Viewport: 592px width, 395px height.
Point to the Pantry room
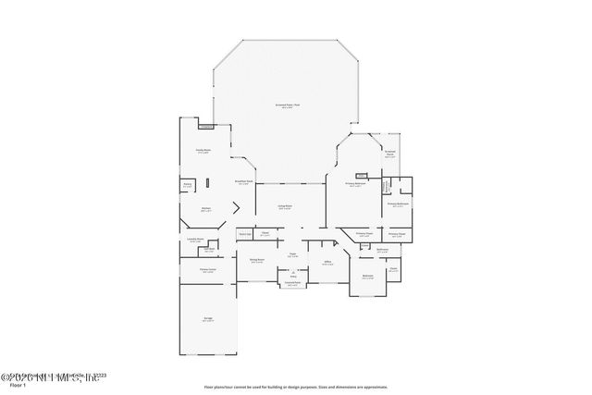coord(187,186)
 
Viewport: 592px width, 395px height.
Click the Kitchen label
coord(206,209)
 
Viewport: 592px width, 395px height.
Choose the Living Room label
coord(286,207)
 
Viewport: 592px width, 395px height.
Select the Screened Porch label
coord(390,154)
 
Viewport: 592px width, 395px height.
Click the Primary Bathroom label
coord(399,204)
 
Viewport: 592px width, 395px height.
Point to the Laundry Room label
coord(194,241)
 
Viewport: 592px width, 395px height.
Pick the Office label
coord(327,263)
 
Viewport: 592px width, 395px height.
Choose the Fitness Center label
coord(208,271)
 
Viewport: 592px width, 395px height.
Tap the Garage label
coord(208,319)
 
